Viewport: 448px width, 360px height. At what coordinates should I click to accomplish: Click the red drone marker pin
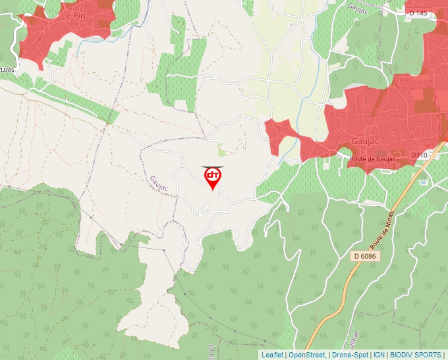[x=212, y=178]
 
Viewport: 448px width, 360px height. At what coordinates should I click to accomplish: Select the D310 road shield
[x=419, y=155]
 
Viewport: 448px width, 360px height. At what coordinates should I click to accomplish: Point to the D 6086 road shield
[x=363, y=255]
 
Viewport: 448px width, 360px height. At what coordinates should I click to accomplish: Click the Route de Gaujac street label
[x=373, y=159]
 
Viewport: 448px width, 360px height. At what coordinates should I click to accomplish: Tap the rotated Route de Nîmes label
[x=381, y=231]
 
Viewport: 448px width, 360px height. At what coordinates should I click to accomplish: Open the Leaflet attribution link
[x=271, y=355]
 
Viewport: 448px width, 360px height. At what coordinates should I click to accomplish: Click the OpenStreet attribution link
[x=306, y=355]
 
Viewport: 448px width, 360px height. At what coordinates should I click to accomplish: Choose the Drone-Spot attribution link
[x=350, y=355]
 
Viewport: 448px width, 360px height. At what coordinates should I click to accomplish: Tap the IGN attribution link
[x=379, y=355]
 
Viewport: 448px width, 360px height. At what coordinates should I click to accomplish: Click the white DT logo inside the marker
[x=212, y=175]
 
